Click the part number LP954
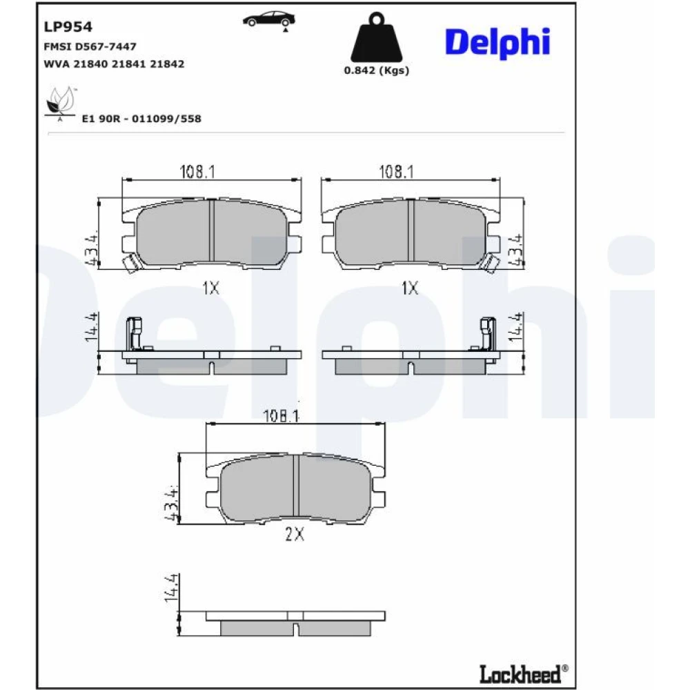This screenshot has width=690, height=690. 68,27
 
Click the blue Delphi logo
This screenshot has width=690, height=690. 497,42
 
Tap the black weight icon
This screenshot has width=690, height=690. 376,37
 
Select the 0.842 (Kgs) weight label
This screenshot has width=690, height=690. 376,70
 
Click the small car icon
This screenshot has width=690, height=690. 269,20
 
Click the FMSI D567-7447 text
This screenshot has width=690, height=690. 90,46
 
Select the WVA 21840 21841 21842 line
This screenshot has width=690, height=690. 114,63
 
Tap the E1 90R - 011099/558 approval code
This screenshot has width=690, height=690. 141,119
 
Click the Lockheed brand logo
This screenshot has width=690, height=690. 523,673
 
